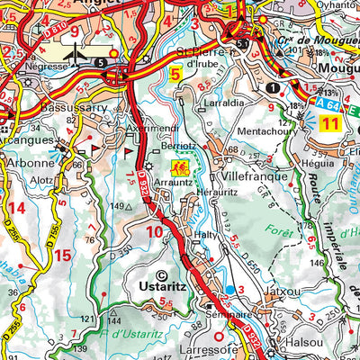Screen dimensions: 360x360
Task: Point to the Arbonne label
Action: coord(24,165)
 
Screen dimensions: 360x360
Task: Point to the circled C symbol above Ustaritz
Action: coord(162,275)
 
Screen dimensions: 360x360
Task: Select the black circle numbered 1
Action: coord(271,87)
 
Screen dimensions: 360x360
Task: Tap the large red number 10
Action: coord(154,233)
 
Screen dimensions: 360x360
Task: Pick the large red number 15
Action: coord(61,255)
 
